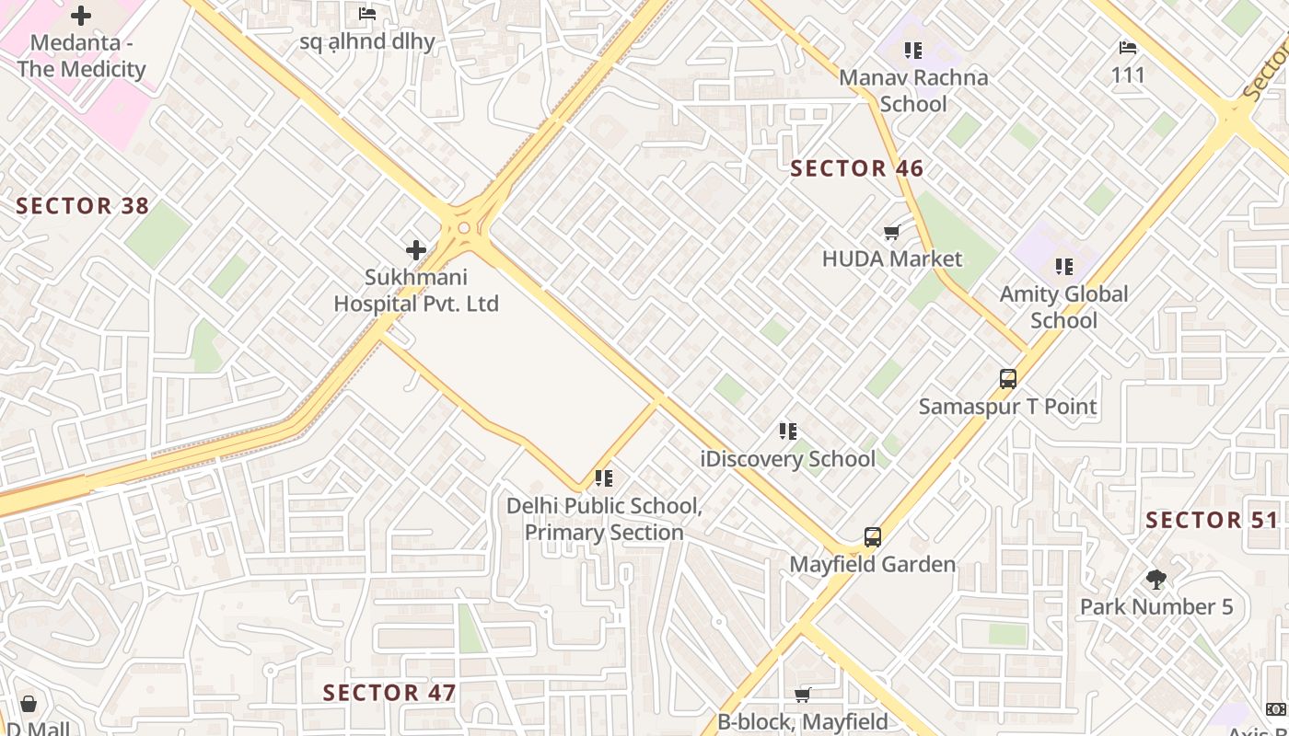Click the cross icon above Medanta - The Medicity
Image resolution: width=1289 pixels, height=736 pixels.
pyautogui.click(x=81, y=16)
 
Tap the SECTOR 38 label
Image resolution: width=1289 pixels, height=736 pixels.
pyautogui.click(x=83, y=206)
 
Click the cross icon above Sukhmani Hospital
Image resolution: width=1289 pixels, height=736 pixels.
pyautogui.click(x=416, y=249)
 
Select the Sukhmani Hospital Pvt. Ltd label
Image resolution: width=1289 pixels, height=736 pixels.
pyautogui.click(x=416, y=290)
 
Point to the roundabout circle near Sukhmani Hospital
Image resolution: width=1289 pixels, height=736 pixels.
pyautogui.click(x=464, y=228)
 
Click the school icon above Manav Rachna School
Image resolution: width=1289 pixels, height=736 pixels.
pyautogui.click(x=912, y=50)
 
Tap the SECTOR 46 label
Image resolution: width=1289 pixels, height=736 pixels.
pyautogui.click(x=857, y=168)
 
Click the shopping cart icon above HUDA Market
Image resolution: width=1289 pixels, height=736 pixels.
pyautogui.click(x=891, y=232)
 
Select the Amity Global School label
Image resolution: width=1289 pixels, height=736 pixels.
pyautogui.click(x=1063, y=307)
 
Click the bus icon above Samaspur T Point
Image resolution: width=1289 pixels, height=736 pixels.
pyautogui.click(x=1007, y=379)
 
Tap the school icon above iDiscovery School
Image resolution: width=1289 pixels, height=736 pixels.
pyautogui.click(x=787, y=431)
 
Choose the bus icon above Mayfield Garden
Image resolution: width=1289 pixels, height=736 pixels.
pyautogui.click(x=872, y=537)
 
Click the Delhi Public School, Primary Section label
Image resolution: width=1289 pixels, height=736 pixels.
pyautogui.click(x=604, y=519)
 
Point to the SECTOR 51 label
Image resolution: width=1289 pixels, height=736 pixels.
pyautogui.click(x=1212, y=521)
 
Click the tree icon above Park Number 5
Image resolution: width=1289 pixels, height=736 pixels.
pyautogui.click(x=1156, y=580)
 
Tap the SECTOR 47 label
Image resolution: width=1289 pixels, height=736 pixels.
pyautogui.click(x=389, y=693)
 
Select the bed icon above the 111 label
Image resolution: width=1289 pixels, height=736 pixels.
pyautogui.click(x=1128, y=48)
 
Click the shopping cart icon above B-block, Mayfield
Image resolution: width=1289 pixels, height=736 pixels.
pyautogui.click(x=802, y=696)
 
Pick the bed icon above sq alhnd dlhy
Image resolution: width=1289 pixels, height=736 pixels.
pyautogui.click(x=367, y=14)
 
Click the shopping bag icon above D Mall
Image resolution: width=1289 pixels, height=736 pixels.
pyautogui.click(x=29, y=705)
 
